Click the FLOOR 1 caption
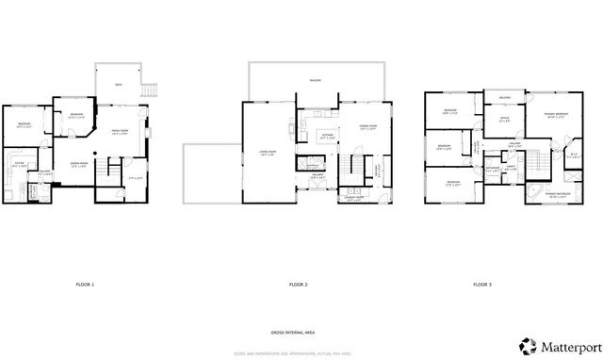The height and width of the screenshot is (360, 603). pos(85,285)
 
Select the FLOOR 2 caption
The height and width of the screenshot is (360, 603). pos(300,285)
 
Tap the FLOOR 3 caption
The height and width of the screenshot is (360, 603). pos(481,285)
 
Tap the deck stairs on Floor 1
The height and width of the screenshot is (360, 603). pos(148,90)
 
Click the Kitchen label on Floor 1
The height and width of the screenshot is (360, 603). pos(18,164)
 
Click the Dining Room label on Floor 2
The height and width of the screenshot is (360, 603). pos(367,126)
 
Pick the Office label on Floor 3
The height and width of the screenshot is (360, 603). pos(504,118)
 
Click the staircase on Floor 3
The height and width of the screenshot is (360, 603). pos(537,166)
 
